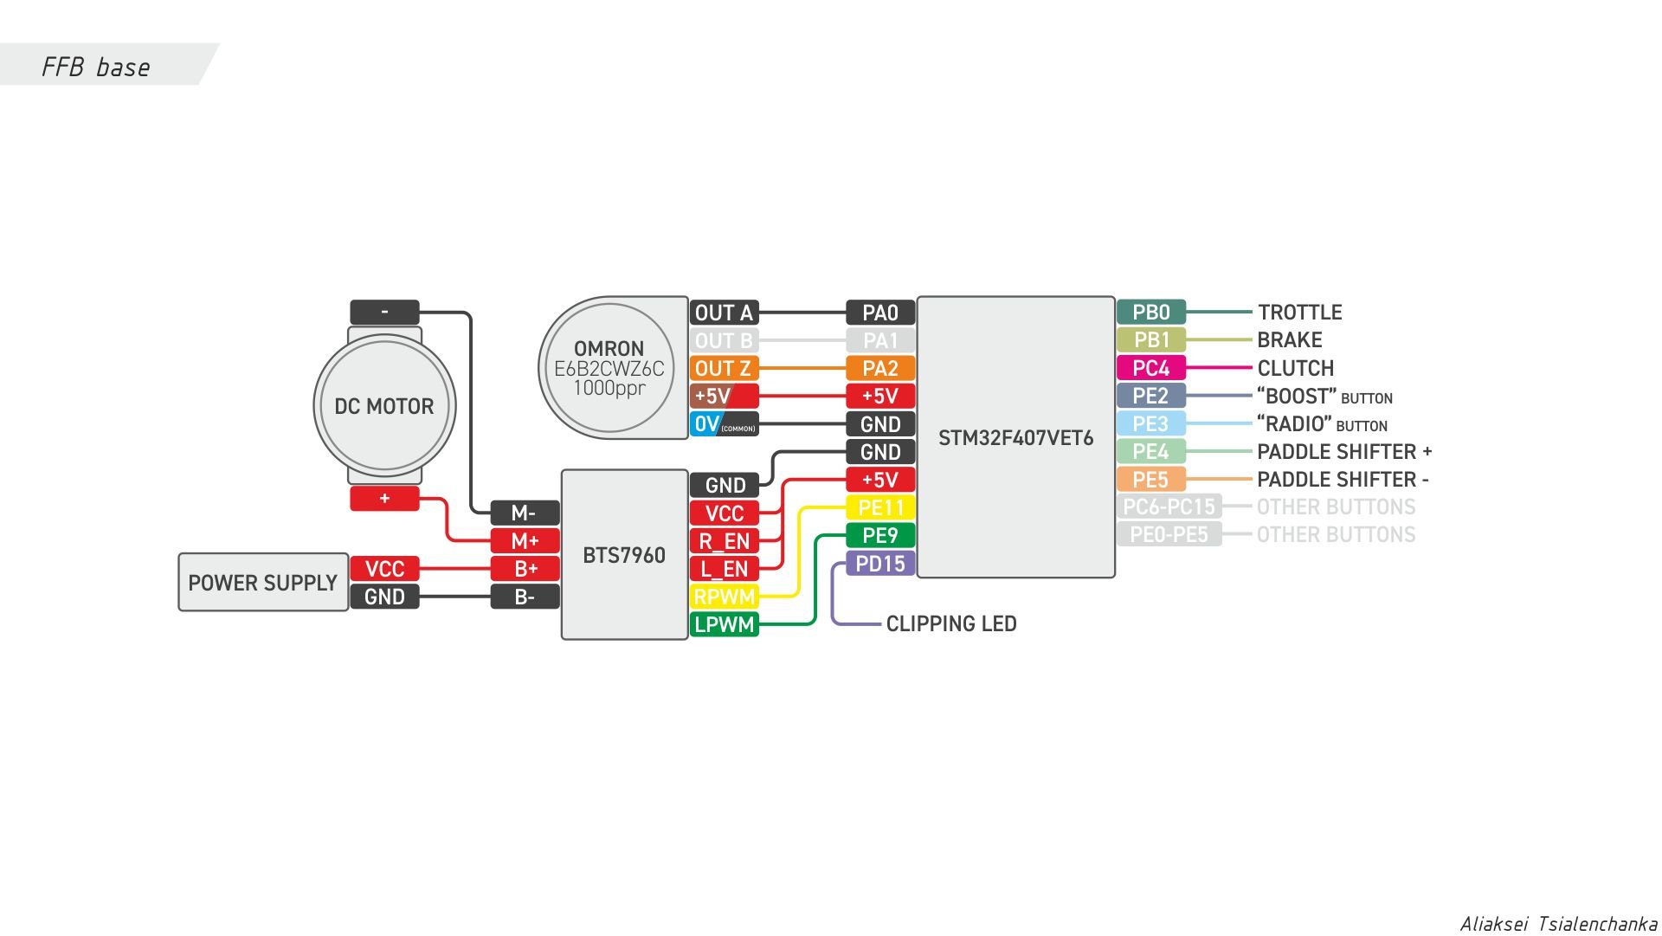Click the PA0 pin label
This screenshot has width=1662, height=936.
coord(880,313)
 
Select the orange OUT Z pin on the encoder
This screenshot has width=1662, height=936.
coord(724,368)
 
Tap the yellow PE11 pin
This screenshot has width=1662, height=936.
coord(880,507)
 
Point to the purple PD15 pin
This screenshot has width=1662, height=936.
coord(880,564)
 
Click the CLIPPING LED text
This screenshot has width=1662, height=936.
coord(950,623)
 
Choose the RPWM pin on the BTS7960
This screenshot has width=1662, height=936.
coord(724,597)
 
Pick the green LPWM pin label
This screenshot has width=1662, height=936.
coord(724,624)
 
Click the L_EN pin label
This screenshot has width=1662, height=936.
coord(724,569)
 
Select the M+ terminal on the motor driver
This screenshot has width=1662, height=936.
coord(525,541)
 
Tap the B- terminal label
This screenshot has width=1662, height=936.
coord(525,597)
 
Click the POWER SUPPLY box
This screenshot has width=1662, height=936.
coord(263,583)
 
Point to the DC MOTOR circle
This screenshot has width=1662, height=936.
coord(384,406)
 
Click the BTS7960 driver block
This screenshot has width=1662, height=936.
coord(624,555)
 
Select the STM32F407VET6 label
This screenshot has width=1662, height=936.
coord(1015,438)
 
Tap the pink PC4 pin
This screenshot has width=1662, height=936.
coord(1150,368)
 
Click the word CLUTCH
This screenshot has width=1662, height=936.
coord(1295,368)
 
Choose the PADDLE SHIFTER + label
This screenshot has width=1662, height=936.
coord(1343,452)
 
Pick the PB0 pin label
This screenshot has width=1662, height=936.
coord(1150,313)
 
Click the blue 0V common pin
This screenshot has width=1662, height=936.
coord(724,424)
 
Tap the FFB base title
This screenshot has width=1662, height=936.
coord(96,68)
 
